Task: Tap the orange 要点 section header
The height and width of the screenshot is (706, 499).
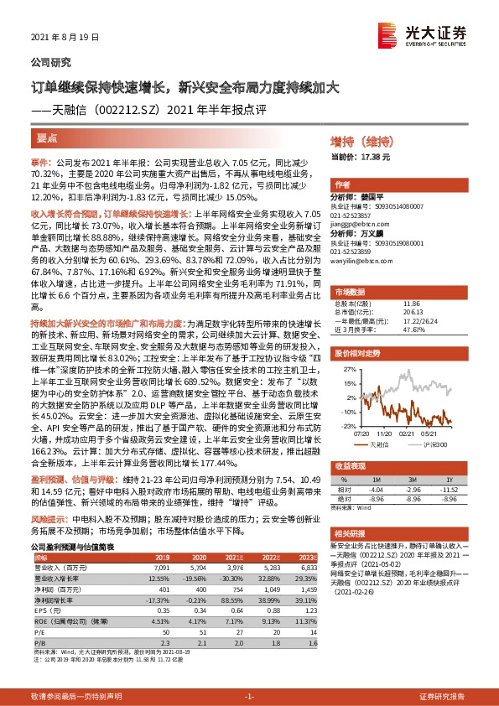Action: click(x=47, y=138)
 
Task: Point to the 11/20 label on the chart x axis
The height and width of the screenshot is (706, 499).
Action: click(x=384, y=433)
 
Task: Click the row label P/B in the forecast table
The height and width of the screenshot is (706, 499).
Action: click(x=39, y=641)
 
